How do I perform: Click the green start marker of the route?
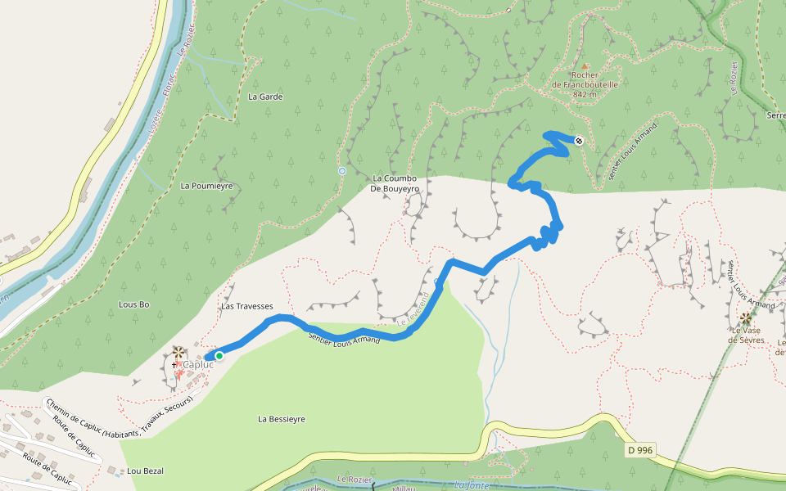pos(219,355)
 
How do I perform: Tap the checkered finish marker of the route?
pos(579,141)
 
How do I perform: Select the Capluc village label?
pos(197,364)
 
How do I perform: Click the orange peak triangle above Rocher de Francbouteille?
pos(585,65)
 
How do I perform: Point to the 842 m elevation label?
pos(585,94)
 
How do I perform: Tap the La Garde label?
pos(264,97)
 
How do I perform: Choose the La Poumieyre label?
pos(206,186)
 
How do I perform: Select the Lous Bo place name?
pos(134,304)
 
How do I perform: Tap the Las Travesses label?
pos(246,306)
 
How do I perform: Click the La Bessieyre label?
pos(282,419)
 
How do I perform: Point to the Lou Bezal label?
pos(146,471)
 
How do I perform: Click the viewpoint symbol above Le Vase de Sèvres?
pos(745,318)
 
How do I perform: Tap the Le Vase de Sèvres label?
pos(748,335)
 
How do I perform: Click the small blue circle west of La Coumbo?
pos(341,171)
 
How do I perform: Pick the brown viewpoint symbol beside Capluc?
pos(178,352)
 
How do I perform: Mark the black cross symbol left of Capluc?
pos(174,364)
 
